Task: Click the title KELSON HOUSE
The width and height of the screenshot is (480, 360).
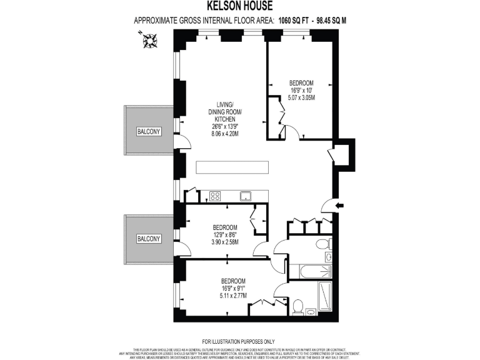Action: [240, 6]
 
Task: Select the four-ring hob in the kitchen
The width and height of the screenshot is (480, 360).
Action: [215, 196]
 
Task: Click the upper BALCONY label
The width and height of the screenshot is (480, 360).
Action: [149, 131]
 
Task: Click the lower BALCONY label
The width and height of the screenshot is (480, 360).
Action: [149, 239]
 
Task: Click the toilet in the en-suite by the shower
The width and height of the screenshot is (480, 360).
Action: [298, 306]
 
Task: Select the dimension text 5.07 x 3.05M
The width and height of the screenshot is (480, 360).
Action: [301, 98]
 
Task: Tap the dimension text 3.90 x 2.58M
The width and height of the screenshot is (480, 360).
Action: [224, 242]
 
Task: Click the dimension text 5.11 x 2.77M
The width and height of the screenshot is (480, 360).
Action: [232, 296]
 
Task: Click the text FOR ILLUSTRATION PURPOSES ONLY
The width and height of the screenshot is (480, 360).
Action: [239, 341]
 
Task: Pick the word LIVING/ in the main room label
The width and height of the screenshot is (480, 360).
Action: [225, 104]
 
